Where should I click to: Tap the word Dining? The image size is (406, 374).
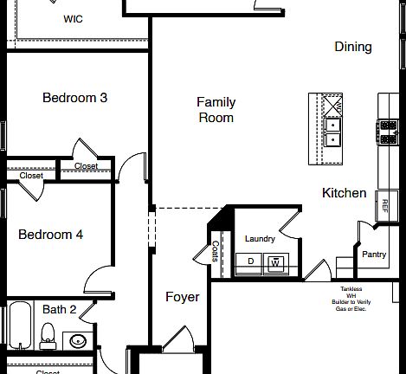352,47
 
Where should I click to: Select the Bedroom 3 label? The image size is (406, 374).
74,98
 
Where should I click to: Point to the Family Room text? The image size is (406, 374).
216,110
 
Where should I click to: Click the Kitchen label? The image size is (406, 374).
344,193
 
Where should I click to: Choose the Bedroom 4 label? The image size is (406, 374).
51,235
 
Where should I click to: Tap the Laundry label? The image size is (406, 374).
260,239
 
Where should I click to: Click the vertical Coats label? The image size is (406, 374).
214,250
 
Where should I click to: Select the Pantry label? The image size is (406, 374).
374,255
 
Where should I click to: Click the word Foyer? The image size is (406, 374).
183,297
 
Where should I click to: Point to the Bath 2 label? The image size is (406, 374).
60,309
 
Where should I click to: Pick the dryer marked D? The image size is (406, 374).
251,261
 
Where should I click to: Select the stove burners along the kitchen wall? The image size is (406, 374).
387,132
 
